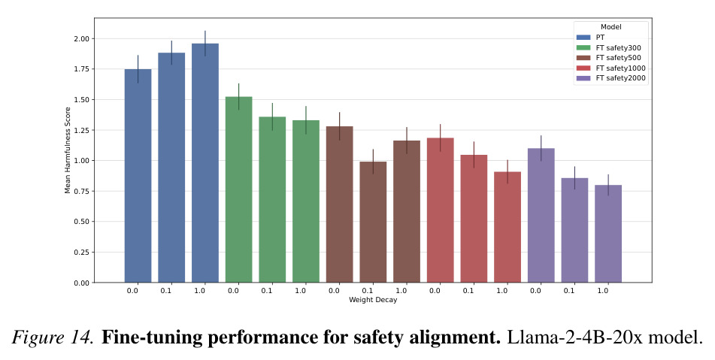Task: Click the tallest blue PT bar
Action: [205, 163]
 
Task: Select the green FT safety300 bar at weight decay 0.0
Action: [239, 189]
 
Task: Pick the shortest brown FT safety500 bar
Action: [373, 222]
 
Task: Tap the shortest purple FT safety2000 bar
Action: [608, 234]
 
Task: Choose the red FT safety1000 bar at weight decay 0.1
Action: [474, 219]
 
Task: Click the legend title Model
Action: [611, 27]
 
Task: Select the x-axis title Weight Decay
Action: [373, 300]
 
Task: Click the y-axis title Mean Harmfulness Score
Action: [68, 150]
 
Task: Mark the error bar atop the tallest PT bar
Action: [205, 44]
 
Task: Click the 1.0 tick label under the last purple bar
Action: [603, 291]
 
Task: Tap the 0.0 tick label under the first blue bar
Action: [132, 291]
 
